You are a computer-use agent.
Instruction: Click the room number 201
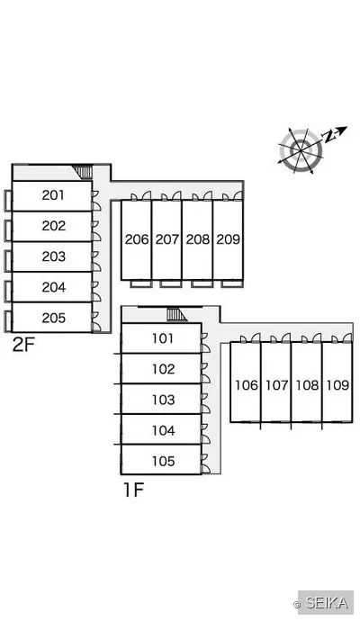pos(53,195)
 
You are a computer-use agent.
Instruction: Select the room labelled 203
pos(53,256)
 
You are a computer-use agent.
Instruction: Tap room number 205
pos(53,318)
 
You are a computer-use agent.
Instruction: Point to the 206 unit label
pos(137,239)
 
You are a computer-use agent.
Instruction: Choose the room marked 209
pos(228,239)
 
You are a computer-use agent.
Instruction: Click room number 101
pos(163,338)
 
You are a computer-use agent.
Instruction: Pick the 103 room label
pos(163,400)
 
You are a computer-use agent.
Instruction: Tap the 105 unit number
pos(163,461)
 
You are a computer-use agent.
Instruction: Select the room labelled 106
pos(247,385)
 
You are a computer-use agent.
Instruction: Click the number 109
pos(337,385)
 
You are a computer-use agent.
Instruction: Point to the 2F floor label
pos(23,345)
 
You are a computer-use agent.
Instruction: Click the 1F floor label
pos(133,490)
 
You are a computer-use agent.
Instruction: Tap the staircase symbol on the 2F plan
pos(83,172)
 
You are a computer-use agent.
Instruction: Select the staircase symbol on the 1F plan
pos(176,315)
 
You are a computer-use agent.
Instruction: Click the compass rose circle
pos(301,150)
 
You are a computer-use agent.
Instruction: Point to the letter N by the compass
pos(328,137)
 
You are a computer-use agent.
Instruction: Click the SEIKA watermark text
pos(327,603)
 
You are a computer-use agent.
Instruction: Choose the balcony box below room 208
pos(202,283)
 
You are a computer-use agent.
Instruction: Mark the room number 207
pos(167,239)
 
